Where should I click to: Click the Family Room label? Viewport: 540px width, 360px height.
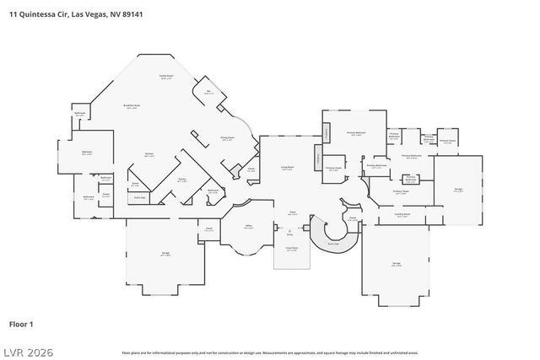tap(165, 76)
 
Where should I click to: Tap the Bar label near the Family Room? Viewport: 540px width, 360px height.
tap(208, 91)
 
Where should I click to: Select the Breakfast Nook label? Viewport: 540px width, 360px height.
tap(132, 105)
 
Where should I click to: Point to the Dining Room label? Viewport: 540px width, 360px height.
tap(227, 138)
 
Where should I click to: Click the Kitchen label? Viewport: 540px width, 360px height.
tap(149, 153)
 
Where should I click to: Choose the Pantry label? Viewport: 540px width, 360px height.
tap(181, 179)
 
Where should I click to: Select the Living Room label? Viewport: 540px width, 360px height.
tap(287, 168)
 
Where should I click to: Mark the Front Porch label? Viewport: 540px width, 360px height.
tap(291, 248)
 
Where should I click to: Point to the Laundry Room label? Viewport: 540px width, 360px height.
tap(402, 214)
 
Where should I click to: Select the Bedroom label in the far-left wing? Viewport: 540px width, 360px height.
tap(87, 152)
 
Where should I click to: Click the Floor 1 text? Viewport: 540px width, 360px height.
tap(21, 324)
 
